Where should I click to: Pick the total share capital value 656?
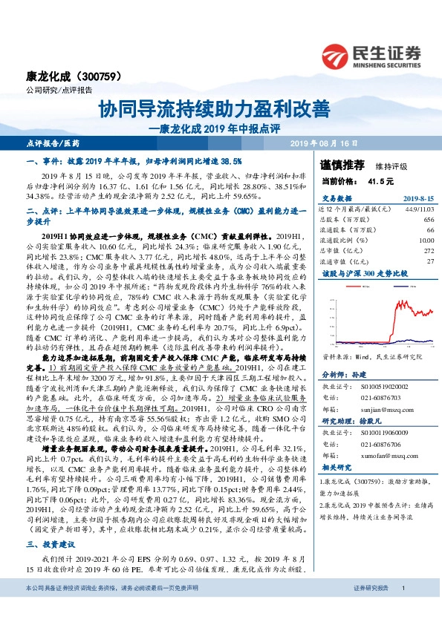[428, 220]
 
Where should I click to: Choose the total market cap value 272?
[428, 252]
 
